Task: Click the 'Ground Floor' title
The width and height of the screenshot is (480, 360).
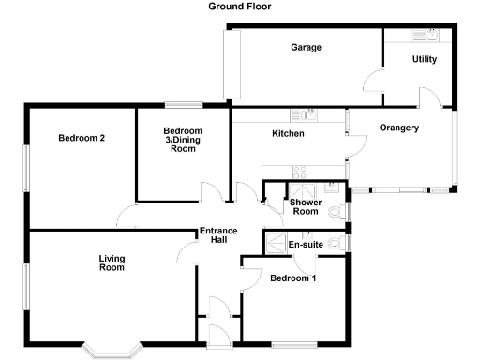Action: click(239, 6)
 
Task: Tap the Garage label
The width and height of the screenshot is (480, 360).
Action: click(306, 47)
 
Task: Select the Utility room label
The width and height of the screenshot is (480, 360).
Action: click(425, 59)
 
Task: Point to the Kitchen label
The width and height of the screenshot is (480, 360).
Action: click(288, 134)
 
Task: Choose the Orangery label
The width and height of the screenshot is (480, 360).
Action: click(398, 127)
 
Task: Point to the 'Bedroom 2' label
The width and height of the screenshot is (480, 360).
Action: click(82, 138)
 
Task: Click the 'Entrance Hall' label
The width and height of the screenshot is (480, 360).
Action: click(217, 236)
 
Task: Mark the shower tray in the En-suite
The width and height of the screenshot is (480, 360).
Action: click(277, 242)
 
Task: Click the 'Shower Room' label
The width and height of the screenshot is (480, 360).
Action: click(306, 206)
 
